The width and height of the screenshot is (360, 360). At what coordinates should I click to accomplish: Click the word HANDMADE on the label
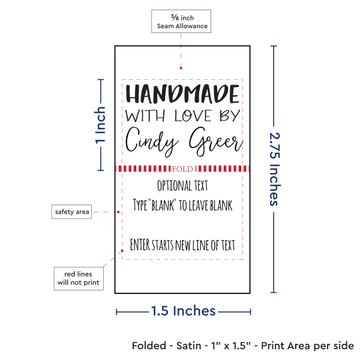182,95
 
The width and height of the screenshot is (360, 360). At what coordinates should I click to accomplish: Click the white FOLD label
182,169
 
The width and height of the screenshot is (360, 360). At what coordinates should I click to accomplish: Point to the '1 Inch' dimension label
101,125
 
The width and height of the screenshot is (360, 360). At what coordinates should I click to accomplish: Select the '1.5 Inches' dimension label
183,311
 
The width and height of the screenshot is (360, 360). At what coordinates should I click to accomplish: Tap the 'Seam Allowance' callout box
182,22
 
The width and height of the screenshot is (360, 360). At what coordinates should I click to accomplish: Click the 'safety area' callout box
71,212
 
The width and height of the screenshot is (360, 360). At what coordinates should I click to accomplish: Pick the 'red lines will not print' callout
77,277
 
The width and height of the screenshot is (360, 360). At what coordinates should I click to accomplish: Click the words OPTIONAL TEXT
182,185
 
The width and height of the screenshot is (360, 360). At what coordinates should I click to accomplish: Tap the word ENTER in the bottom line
143,245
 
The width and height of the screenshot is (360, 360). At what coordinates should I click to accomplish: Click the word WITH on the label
141,115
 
